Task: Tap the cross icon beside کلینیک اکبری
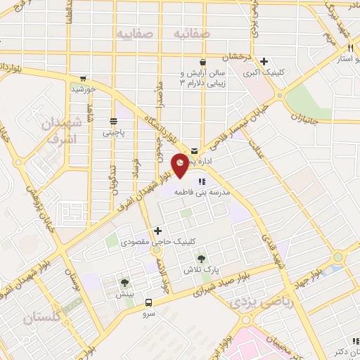point(264,61)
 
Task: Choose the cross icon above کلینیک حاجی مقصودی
point(157,231)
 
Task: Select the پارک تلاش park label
point(202,271)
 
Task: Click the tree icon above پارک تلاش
point(202,259)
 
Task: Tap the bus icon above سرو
point(148,303)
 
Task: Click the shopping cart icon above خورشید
point(84,78)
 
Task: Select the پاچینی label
point(112,131)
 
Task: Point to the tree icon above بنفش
point(125,283)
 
